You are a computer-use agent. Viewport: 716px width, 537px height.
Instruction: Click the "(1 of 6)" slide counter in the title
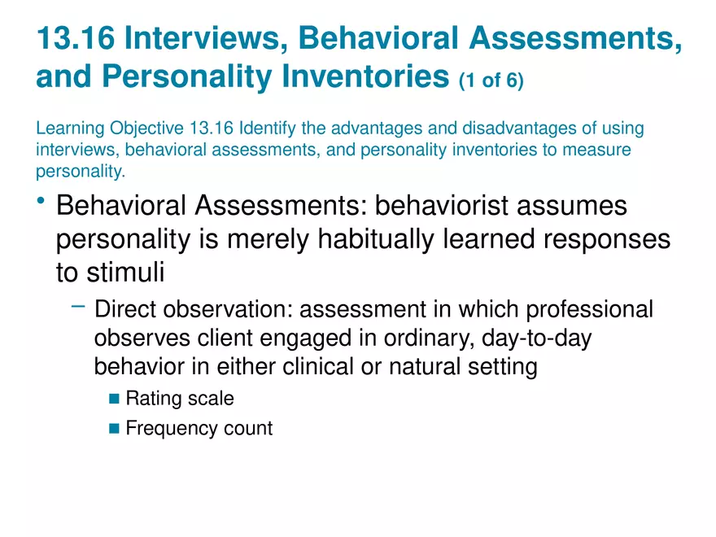tap(491, 81)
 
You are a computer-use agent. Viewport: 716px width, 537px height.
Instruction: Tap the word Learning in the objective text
tap(70, 129)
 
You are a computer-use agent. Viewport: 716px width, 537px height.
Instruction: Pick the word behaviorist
tap(442, 205)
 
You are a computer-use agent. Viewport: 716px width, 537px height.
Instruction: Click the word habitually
tap(376, 239)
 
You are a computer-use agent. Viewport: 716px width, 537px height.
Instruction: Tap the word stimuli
tap(125, 272)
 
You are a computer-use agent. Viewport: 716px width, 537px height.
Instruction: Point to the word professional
tap(590, 310)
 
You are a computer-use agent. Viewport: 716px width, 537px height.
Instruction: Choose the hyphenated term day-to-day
tap(536, 338)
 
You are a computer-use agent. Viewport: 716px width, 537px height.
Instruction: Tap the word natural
tap(425, 366)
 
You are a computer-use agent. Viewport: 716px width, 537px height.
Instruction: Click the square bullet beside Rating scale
tap(114, 399)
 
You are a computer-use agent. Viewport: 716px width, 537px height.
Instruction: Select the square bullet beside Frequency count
tap(114, 428)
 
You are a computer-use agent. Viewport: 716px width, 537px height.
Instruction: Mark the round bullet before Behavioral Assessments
tap(41, 200)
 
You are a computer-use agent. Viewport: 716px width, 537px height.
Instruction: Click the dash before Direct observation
tap(78, 307)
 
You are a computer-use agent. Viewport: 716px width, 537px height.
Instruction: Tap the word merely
tap(268, 239)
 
